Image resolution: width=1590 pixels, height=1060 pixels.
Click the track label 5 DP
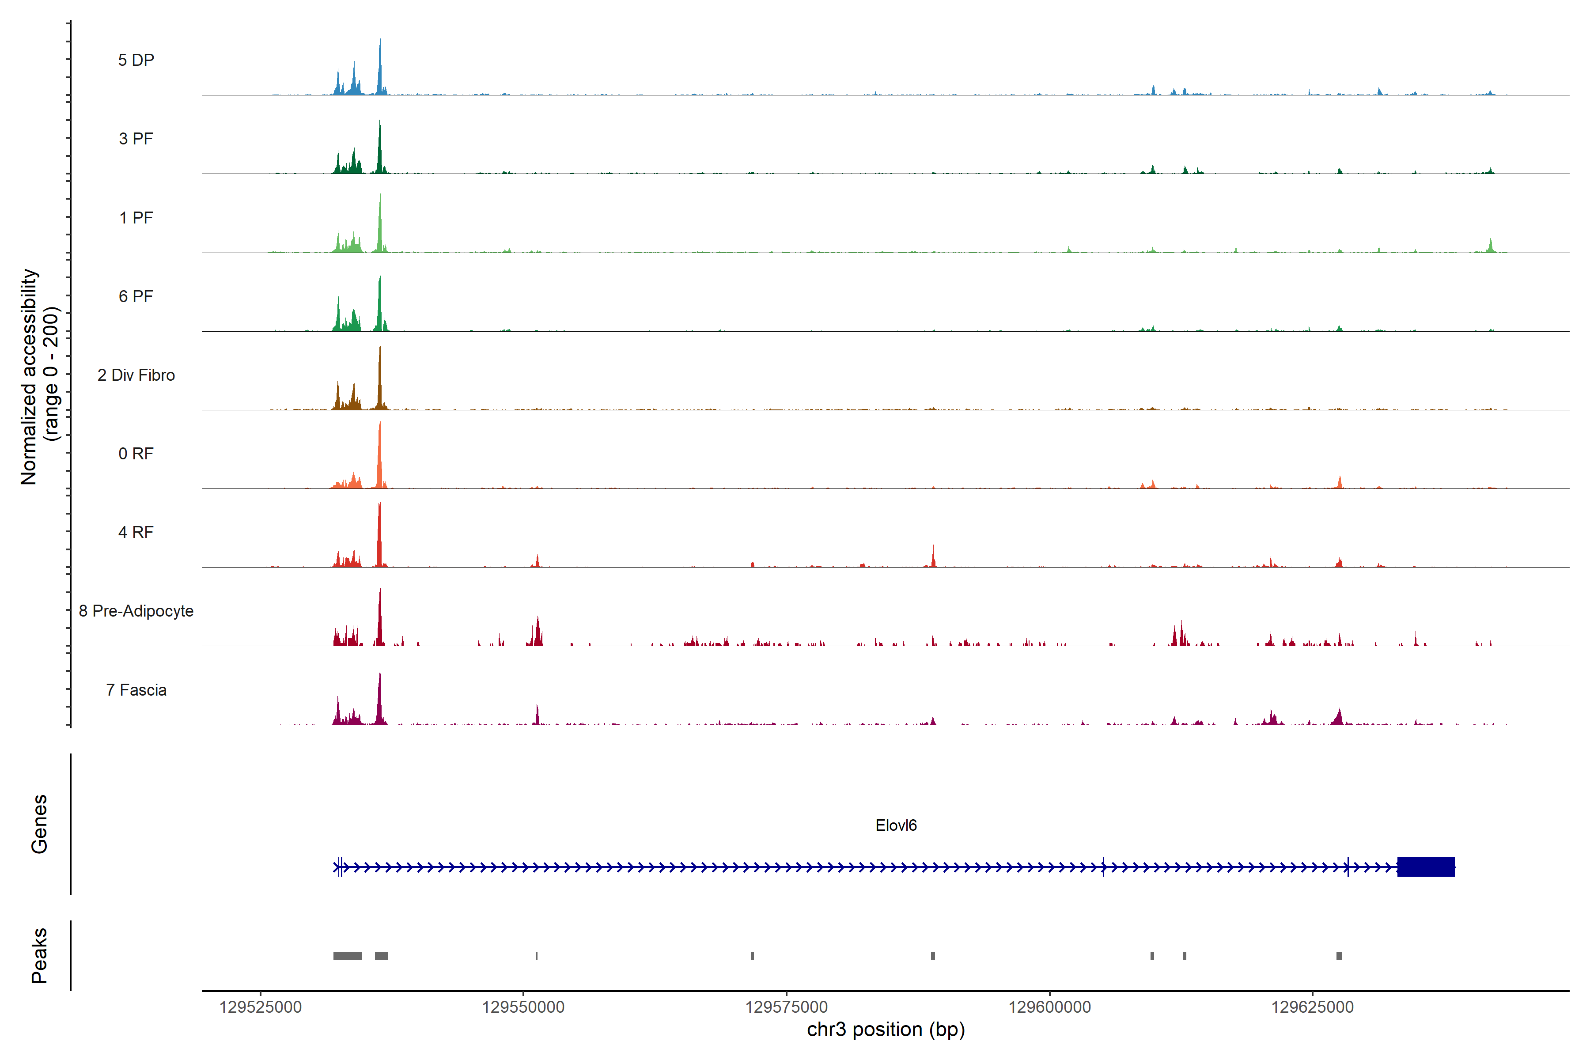pyautogui.click(x=136, y=60)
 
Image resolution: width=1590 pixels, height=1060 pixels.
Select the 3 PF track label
pyautogui.click(x=136, y=139)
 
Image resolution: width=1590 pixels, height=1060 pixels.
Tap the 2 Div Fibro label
pyautogui.click(x=136, y=375)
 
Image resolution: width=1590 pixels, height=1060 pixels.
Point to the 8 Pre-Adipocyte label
pyautogui.click(x=136, y=611)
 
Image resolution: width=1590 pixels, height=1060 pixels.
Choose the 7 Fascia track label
pyautogui.click(x=136, y=690)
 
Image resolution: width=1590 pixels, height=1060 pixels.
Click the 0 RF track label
pyautogui.click(x=136, y=454)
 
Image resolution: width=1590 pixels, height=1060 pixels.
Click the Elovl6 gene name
pyautogui.click(x=896, y=825)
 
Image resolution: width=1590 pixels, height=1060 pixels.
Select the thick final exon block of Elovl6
pyautogui.click(x=1425, y=867)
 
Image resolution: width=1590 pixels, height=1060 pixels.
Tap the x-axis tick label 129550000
pyautogui.click(x=523, y=1007)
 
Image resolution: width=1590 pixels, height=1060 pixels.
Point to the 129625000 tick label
pyautogui.click(x=1312, y=1007)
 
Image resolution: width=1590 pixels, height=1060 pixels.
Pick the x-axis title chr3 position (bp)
pyautogui.click(x=886, y=1030)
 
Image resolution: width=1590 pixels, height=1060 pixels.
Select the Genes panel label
pyautogui.click(x=39, y=824)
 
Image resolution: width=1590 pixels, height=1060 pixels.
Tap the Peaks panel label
pyautogui.click(x=39, y=955)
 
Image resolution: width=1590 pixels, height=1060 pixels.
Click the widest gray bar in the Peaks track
pyautogui.click(x=348, y=956)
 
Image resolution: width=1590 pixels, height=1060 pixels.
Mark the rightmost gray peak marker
pyautogui.click(x=1339, y=956)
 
